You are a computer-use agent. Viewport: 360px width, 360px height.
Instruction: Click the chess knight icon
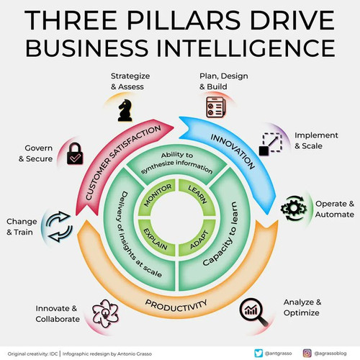point(125,111)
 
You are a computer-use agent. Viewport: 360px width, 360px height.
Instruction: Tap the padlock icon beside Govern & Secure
point(75,154)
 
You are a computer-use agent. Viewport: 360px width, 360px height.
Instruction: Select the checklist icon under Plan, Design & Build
point(216,107)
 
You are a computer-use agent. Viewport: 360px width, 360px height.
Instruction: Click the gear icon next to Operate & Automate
point(293,208)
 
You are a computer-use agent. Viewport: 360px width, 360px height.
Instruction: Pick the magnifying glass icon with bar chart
point(253,312)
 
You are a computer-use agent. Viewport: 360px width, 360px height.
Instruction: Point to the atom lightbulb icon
point(105,313)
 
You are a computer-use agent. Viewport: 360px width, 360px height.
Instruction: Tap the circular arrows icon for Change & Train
point(59,226)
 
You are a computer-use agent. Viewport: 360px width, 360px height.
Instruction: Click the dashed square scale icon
point(271,144)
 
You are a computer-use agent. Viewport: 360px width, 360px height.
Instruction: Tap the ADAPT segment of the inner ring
point(197,238)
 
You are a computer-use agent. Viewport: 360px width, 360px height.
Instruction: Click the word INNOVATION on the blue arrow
point(233,152)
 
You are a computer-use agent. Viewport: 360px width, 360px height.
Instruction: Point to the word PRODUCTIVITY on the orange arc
point(176,306)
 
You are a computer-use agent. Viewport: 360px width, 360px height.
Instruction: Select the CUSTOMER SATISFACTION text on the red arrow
point(123,163)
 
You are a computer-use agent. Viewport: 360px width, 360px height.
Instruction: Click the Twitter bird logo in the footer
point(258,354)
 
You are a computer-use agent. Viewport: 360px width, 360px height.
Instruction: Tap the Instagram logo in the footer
point(307,354)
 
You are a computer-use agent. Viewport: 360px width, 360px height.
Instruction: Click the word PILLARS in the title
point(184,19)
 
